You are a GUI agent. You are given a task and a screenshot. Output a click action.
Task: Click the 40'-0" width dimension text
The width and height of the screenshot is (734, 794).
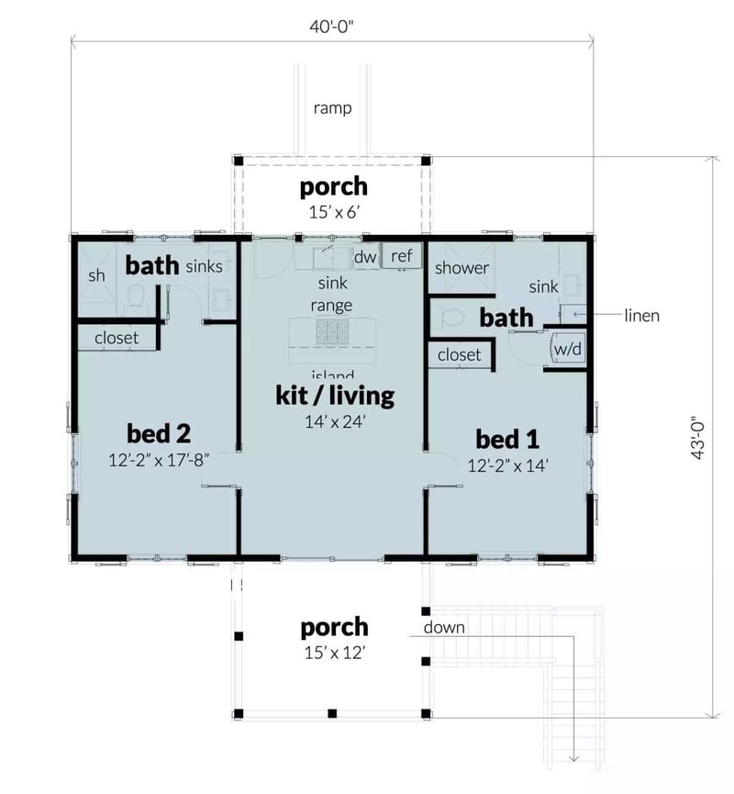point(332,25)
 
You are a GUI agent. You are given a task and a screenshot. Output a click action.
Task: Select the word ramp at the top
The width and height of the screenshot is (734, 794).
point(332,108)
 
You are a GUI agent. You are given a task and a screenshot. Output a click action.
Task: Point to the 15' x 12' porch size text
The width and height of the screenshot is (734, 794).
point(334,654)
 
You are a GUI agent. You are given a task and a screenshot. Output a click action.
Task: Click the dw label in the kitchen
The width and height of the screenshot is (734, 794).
point(365,257)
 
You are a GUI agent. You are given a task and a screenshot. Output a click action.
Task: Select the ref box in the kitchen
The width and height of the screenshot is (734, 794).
point(401,256)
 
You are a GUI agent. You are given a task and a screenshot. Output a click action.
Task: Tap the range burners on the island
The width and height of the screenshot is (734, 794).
point(332,330)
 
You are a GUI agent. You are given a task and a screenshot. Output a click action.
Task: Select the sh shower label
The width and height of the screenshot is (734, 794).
point(96,275)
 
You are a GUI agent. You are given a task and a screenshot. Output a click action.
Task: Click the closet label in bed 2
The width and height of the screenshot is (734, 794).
point(117,338)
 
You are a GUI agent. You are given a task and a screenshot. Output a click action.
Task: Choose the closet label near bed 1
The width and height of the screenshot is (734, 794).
point(459,354)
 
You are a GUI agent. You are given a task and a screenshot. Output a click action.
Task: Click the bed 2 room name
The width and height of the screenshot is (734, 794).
point(158,432)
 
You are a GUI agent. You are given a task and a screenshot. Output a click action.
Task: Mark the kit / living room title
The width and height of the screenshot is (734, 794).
point(334,396)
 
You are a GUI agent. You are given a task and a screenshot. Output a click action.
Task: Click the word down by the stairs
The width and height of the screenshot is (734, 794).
point(444,628)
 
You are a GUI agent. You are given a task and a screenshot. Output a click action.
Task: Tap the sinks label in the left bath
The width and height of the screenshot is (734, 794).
point(204,267)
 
